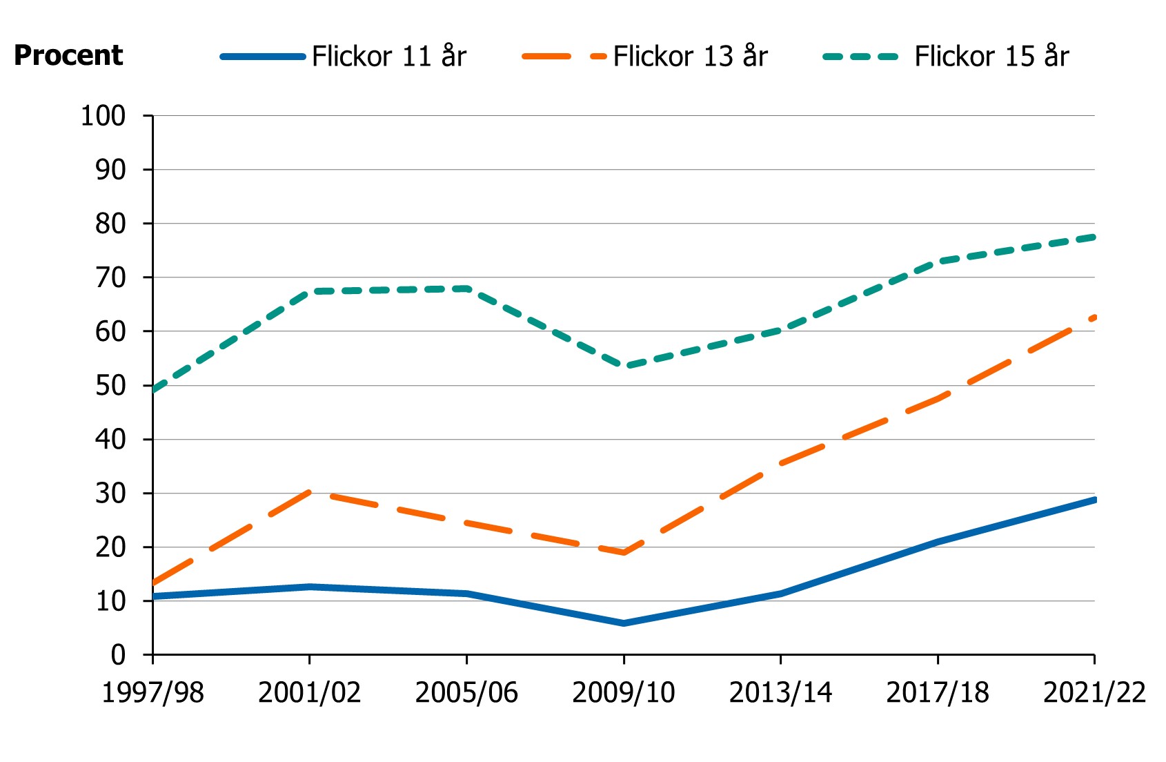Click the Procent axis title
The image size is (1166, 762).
coord(68,55)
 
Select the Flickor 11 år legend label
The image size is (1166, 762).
coord(389,56)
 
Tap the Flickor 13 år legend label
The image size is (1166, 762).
coord(690,56)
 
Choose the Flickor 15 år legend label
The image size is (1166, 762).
coord(991,56)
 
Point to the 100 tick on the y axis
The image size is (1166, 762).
coord(103,116)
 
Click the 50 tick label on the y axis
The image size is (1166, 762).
coord(110,385)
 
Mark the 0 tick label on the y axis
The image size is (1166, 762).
coord(118,654)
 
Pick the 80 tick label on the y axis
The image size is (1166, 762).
coord(110,224)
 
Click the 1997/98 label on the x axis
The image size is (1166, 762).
coord(152,692)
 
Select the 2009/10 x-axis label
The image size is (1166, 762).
coord(624,692)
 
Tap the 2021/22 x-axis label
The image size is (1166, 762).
coord(1094,692)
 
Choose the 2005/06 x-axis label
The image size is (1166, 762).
coord(466,692)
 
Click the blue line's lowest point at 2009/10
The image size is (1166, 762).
coord(624,623)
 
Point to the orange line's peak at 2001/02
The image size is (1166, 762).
coord(310,492)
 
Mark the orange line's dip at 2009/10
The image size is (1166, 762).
coord(624,553)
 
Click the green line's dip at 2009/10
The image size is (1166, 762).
coord(624,367)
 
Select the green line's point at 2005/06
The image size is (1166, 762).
coord(467,289)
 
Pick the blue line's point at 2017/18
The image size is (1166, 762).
coord(938,542)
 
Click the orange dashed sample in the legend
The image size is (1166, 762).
coord(564,56)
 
